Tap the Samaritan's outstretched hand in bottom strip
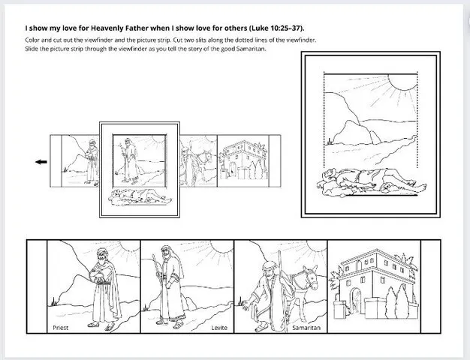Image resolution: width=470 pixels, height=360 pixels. click(241, 307)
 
